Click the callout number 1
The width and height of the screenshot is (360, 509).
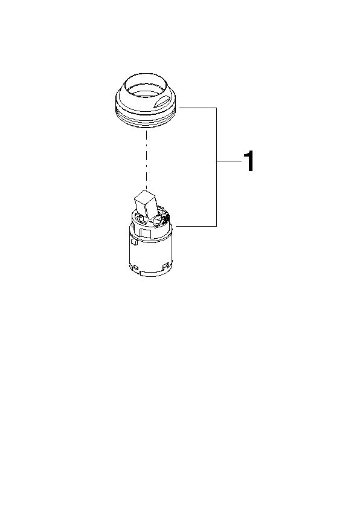[249, 161]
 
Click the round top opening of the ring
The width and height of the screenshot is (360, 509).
[146, 85]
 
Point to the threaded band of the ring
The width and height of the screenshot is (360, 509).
[146, 120]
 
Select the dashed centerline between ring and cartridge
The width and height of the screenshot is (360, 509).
[147, 159]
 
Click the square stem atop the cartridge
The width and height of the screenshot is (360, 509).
[146, 204]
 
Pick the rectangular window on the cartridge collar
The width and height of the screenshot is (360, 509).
[145, 234]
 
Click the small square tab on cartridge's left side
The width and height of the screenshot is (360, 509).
[133, 242]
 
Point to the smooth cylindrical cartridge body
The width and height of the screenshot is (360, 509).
[151, 253]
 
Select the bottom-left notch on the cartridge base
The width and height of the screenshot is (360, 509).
[135, 268]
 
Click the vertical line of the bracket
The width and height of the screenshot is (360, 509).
[216, 167]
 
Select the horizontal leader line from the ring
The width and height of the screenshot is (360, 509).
[198, 108]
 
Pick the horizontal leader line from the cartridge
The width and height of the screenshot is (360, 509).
[196, 226]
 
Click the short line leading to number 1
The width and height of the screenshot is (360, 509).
[230, 161]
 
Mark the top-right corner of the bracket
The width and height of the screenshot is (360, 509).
[216, 108]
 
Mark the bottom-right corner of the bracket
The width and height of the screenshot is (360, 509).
[216, 226]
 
